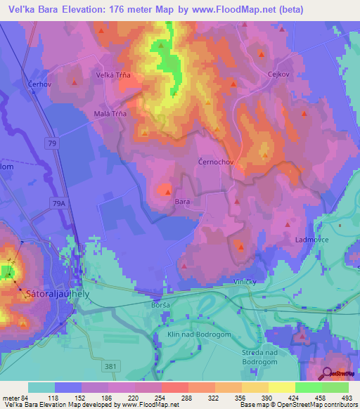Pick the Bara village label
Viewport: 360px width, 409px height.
pyautogui.click(x=182, y=202)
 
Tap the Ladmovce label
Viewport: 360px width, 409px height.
pyautogui.click(x=312, y=239)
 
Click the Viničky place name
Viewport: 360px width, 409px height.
pyautogui.click(x=247, y=281)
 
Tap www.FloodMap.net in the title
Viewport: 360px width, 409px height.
pyautogui.click(x=229, y=11)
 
